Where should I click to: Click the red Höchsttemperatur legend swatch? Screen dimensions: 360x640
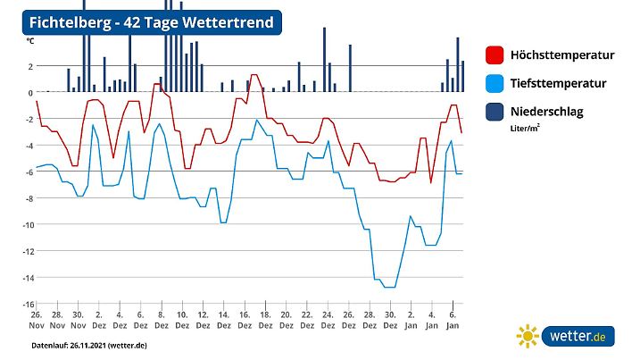click(x=495, y=55)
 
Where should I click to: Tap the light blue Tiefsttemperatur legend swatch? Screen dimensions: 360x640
click(x=495, y=84)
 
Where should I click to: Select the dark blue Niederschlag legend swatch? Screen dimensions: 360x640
click(x=495, y=112)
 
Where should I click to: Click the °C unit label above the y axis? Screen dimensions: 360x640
click(x=30, y=41)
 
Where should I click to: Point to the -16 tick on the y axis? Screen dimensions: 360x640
click(x=29, y=304)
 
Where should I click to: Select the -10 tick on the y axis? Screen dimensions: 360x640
click(x=29, y=225)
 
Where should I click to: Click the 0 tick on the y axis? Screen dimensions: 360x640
click(x=31, y=93)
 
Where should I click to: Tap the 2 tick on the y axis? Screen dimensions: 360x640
click(x=31, y=67)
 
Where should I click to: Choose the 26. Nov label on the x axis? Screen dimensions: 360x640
click(x=36, y=321)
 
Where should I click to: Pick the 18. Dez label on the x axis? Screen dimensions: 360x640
click(x=265, y=321)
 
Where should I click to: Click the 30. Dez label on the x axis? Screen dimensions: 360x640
click(x=389, y=321)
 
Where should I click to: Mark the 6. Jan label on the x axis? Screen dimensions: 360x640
click(x=453, y=321)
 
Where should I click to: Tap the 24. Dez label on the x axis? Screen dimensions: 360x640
click(x=327, y=321)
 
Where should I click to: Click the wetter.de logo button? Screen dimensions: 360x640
click(x=578, y=337)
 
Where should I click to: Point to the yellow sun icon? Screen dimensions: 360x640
click(x=528, y=337)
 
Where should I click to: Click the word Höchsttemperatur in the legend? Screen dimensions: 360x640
click(x=562, y=55)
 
